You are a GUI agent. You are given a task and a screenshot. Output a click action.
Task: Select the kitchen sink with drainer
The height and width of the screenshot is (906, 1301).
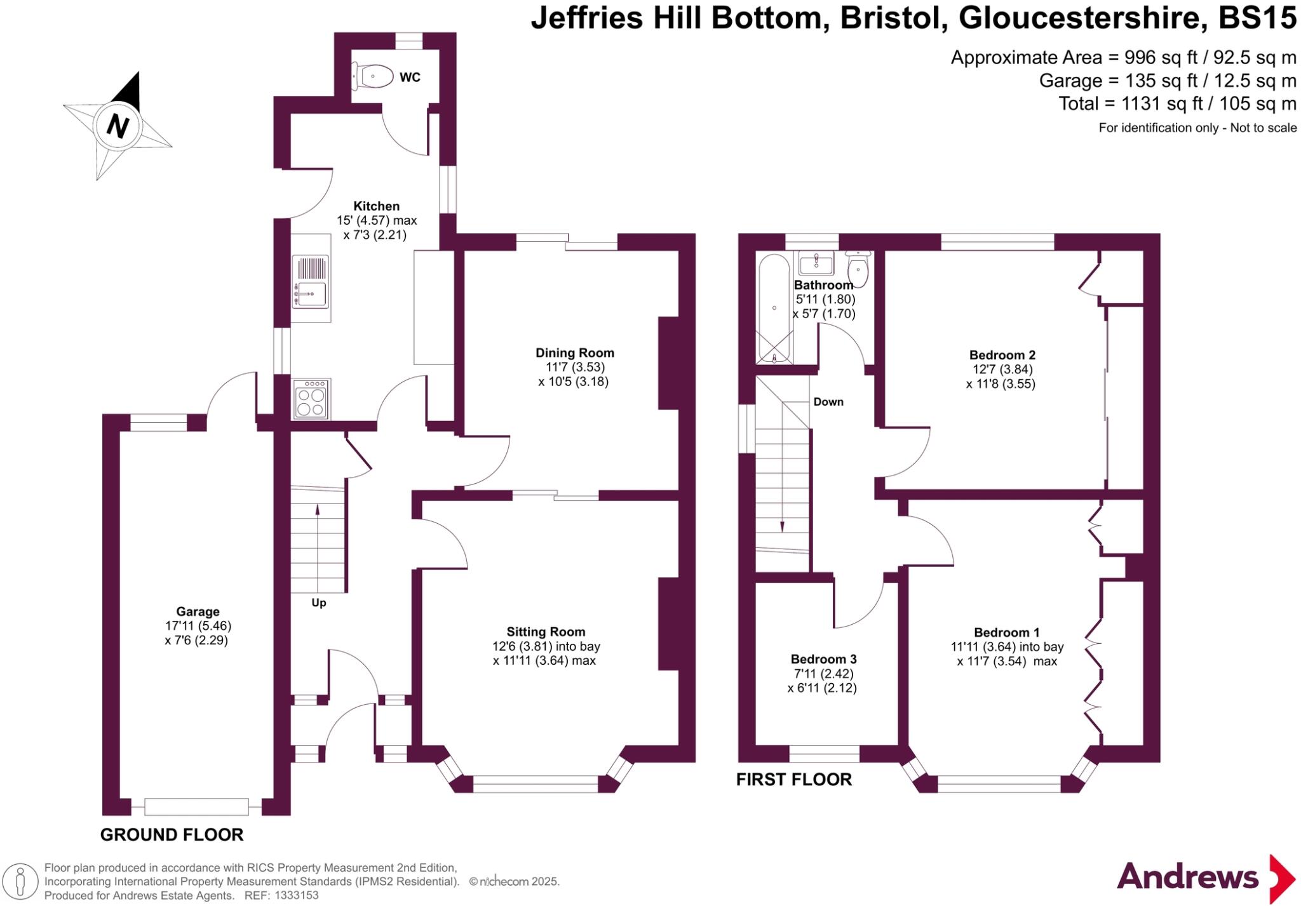(x=311, y=282)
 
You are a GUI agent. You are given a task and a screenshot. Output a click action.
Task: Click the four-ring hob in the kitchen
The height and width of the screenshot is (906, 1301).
(x=311, y=399)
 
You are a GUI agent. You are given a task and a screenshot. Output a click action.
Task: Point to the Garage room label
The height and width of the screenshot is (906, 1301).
(x=198, y=611)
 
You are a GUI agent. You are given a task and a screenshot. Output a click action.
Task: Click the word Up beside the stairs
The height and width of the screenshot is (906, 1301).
(x=319, y=603)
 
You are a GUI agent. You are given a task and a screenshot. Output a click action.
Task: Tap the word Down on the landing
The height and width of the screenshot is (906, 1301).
(x=828, y=402)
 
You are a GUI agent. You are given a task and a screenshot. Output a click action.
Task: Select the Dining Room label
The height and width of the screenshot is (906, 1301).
(x=574, y=353)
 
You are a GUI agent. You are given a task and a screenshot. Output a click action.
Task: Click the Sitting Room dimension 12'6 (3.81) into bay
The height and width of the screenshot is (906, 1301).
(x=546, y=646)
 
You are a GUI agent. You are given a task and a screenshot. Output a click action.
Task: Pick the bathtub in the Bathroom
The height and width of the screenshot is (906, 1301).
(x=774, y=309)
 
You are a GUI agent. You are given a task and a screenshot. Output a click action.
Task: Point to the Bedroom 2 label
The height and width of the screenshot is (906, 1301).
(x=1002, y=355)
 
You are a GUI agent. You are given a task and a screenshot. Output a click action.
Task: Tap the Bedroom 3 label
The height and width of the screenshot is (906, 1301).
(x=823, y=659)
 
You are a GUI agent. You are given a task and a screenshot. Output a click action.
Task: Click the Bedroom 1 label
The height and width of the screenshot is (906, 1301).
(x=1006, y=632)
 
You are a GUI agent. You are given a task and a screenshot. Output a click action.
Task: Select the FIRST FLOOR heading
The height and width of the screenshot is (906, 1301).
(x=793, y=780)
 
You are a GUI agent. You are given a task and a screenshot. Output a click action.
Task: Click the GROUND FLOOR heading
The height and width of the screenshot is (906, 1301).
(x=172, y=835)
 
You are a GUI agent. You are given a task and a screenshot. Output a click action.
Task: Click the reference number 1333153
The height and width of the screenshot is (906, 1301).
(x=296, y=896)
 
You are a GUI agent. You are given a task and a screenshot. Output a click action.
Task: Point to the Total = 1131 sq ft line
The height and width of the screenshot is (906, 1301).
(x=1176, y=103)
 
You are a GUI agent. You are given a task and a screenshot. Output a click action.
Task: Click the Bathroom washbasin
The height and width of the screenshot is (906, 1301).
(x=816, y=262)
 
